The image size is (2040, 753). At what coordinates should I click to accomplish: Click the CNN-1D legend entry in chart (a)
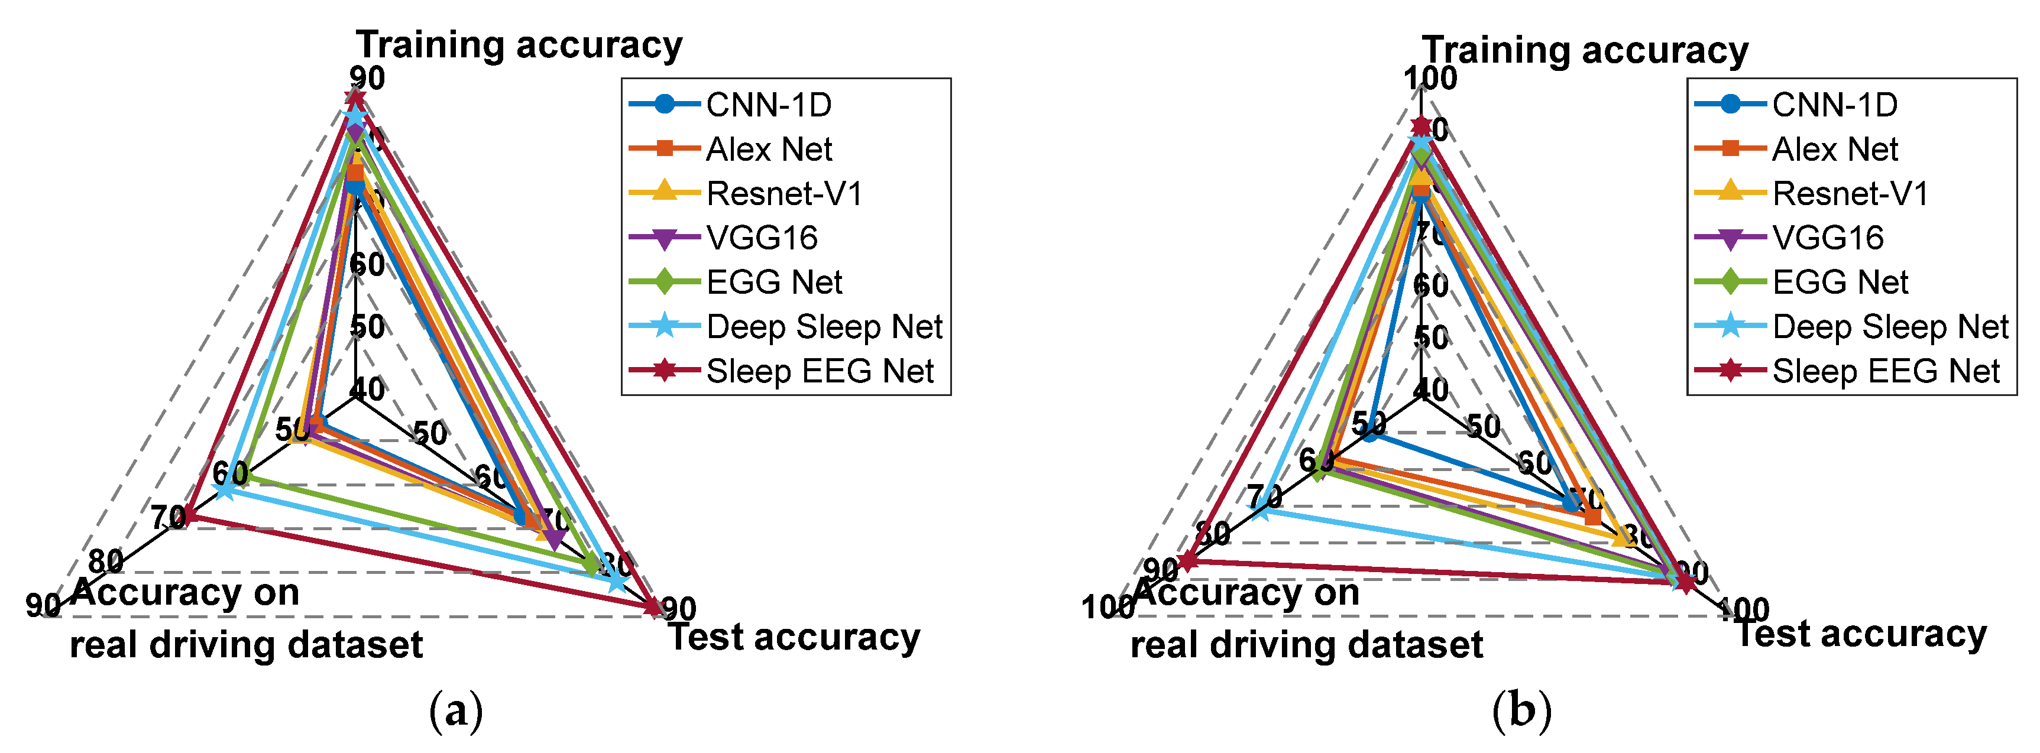pos(768,105)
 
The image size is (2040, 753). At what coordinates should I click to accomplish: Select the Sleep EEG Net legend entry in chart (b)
pos(1885,371)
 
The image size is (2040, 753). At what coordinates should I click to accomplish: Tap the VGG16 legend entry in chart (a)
pos(761,238)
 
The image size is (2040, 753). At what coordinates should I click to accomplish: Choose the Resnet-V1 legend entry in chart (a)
pos(783,193)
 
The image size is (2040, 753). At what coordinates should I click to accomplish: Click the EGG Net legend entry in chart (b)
pos(1840,283)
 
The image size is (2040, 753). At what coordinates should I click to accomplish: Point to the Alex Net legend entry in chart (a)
pos(768,149)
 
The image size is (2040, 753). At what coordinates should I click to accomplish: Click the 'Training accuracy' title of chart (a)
pos(519,45)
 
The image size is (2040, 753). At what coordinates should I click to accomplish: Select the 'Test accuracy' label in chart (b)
pos(1860,634)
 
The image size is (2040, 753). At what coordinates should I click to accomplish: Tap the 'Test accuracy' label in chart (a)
pos(794,637)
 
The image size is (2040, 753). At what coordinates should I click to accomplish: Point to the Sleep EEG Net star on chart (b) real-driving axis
pos(1186,561)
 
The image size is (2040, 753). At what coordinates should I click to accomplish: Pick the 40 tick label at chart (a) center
pos(367,390)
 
